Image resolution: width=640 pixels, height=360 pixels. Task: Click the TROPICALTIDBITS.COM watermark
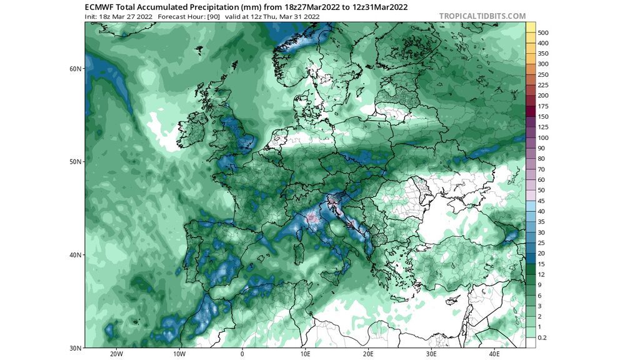click(x=482, y=16)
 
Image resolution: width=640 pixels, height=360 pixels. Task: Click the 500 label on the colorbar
click(x=543, y=32)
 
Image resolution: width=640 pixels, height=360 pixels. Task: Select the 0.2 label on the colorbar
click(x=542, y=337)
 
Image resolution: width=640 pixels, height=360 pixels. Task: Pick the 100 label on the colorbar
click(x=543, y=137)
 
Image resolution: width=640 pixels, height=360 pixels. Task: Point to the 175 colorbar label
click(x=543, y=106)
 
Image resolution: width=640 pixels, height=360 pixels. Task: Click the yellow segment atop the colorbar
click(x=531, y=27)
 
